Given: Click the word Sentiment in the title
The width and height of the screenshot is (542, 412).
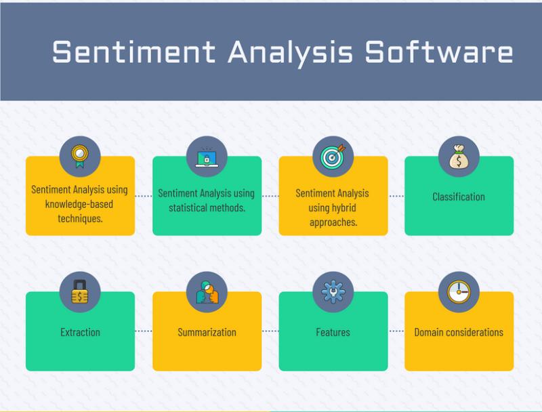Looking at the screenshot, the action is point(134,52).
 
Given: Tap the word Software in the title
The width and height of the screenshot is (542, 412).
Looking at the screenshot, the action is point(439,52).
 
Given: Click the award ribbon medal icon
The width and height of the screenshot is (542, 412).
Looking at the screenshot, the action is point(80,157).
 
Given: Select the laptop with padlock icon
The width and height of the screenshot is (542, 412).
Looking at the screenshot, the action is point(207,158).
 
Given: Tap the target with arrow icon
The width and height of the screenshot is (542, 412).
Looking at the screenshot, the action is point(333,157).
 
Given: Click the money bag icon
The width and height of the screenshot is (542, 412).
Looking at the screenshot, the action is point(459,157).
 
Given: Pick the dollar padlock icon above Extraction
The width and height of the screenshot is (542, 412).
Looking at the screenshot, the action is point(80,292).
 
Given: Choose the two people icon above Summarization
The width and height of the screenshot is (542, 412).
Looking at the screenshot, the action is point(207,293).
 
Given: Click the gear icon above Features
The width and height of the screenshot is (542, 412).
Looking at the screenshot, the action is point(333,292).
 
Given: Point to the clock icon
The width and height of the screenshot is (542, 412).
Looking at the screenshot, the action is point(459,292).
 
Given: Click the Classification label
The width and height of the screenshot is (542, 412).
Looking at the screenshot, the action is point(459,197).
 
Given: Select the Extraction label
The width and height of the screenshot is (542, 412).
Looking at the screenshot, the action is point(80,332).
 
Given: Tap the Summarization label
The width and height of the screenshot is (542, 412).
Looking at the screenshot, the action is point(207,332).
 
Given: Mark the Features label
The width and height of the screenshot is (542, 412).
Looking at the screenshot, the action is point(333,332).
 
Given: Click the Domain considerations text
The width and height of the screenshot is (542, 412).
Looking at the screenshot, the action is point(459,332).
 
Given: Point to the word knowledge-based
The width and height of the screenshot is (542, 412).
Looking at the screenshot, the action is point(79,204).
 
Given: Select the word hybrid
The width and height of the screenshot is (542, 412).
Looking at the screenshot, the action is point(343,208).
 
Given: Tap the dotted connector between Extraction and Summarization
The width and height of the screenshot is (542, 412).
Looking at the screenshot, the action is point(144,331).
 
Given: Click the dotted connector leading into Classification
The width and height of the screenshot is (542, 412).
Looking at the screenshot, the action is point(396,196).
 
